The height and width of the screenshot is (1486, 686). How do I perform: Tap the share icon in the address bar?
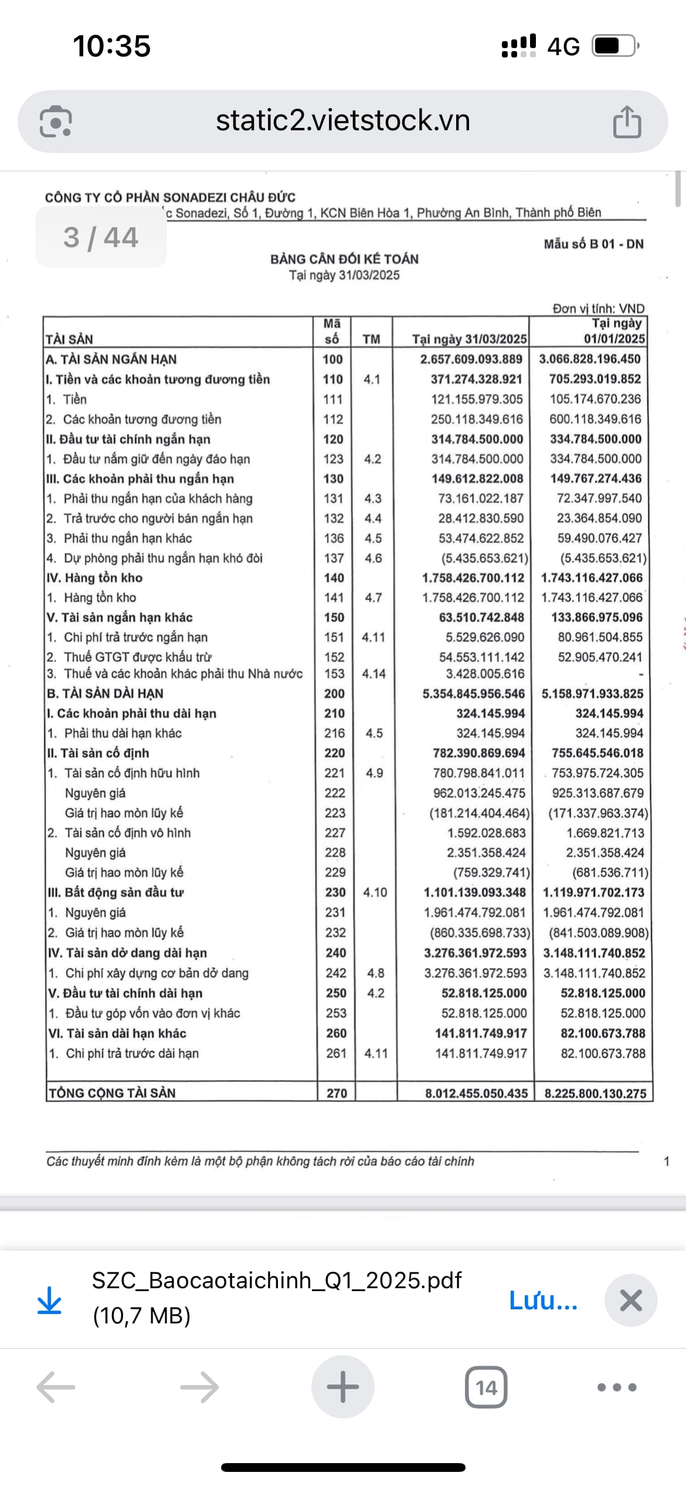[x=627, y=121]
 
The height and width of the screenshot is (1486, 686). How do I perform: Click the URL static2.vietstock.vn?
[x=343, y=120]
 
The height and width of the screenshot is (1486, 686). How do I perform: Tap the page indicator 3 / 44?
[x=101, y=238]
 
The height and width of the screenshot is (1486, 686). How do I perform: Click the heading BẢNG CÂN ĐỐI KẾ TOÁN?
[x=344, y=259]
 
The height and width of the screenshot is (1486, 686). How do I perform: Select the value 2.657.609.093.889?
[x=471, y=359]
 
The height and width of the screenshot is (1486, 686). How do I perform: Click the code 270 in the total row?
[x=337, y=1093]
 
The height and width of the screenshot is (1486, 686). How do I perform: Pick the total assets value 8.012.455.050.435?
[x=476, y=1093]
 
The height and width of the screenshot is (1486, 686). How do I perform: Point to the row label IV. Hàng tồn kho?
[x=94, y=577]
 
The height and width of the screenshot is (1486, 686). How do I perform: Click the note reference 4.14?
[x=373, y=674]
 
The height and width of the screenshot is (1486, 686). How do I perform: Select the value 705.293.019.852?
[x=595, y=379]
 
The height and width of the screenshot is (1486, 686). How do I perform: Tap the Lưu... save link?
[x=543, y=1301]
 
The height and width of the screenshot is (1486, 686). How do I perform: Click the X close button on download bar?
[x=631, y=1301]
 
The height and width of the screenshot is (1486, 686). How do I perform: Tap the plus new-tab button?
[x=342, y=1387]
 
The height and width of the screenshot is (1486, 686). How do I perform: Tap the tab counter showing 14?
[x=486, y=1387]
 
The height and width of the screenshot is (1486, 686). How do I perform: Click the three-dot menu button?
[x=617, y=1387]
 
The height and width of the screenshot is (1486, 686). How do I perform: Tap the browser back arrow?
[x=56, y=1387]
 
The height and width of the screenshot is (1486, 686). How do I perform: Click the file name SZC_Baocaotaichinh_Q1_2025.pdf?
[x=277, y=1280]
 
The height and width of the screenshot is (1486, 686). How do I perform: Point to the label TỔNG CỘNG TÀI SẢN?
[x=112, y=1093]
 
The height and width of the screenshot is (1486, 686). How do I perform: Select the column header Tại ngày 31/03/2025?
[x=469, y=339]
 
